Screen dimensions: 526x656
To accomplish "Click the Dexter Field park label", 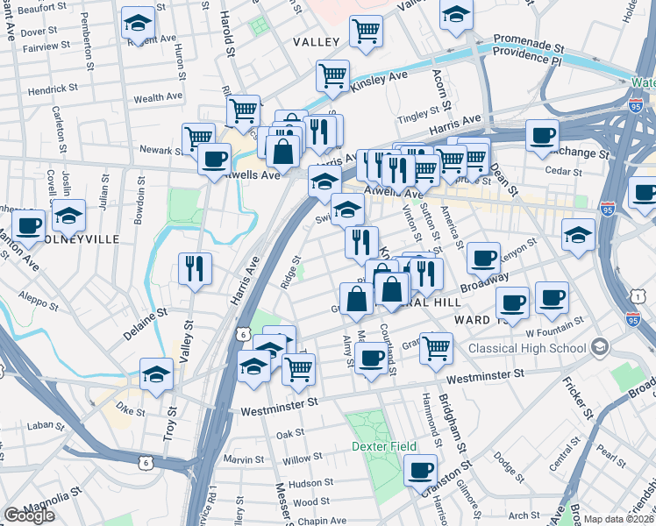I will (x=383, y=446).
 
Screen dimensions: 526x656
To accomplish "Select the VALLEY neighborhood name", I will (x=316, y=42).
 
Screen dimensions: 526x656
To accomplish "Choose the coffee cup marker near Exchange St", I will (x=543, y=135).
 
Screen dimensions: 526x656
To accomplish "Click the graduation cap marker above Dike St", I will (x=156, y=373).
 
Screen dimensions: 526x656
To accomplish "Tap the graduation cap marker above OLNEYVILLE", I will (x=68, y=215).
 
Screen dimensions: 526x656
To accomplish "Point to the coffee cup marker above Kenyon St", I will (x=483, y=258).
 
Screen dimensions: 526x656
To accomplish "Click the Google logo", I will (x=29, y=515).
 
